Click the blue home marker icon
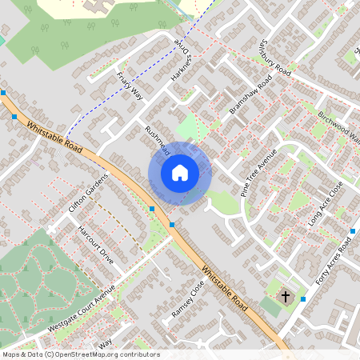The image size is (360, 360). pos(180,173)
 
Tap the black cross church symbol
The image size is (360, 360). pos(285,297)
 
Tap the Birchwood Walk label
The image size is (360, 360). pos(340,127)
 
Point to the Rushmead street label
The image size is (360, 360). pos(158,139)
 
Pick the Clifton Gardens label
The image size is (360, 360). pos(87,193)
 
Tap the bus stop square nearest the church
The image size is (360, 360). pos(302,299)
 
